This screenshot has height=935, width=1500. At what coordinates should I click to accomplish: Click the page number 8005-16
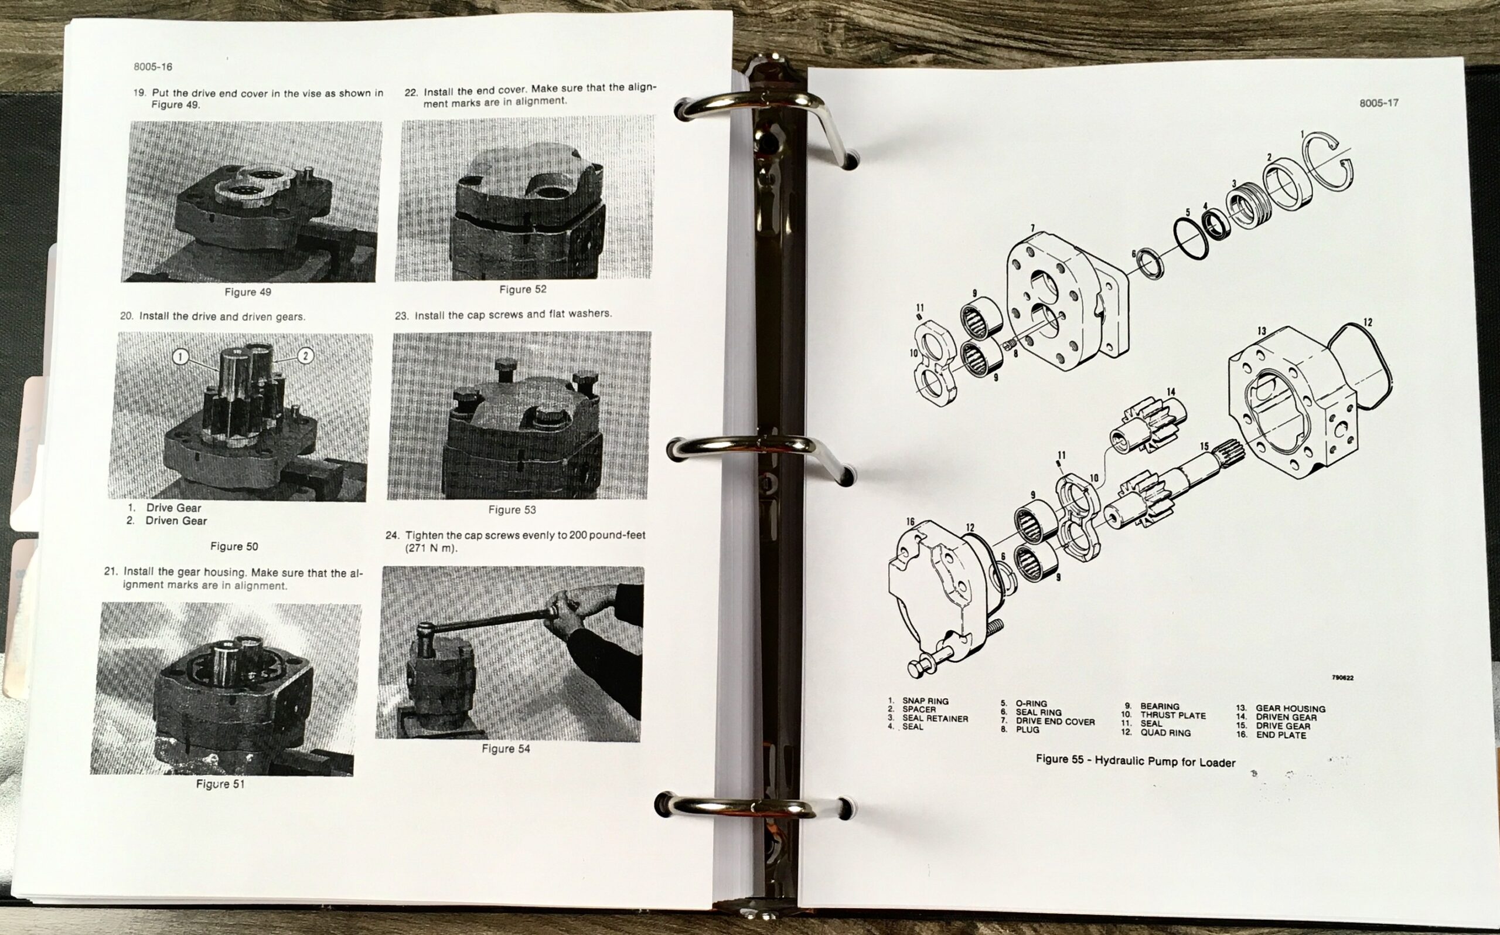(x=153, y=67)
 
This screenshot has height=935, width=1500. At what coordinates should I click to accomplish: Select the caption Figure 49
(x=248, y=292)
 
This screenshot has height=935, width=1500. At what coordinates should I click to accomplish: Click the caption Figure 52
(x=523, y=290)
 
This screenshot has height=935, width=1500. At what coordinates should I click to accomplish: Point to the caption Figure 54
(x=506, y=749)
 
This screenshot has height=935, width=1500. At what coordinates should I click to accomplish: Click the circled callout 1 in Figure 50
(x=180, y=356)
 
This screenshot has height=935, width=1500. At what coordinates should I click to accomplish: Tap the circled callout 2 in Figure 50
(x=305, y=355)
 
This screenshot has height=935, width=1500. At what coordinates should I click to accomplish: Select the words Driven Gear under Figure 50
(x=176, y=521)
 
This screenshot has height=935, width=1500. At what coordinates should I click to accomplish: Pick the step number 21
(x=111, y=572)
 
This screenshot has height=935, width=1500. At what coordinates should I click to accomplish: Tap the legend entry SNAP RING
(x=925, y=701)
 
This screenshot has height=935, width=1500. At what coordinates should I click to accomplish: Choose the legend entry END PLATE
(x=1281, y=735)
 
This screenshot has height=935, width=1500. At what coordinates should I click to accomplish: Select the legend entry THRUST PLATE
(x=1173, y=716)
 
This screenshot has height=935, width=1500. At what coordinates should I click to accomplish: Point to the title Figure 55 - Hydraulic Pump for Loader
(x=1136, y=761)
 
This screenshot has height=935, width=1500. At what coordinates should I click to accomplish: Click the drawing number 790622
(x=1342, y=678)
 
